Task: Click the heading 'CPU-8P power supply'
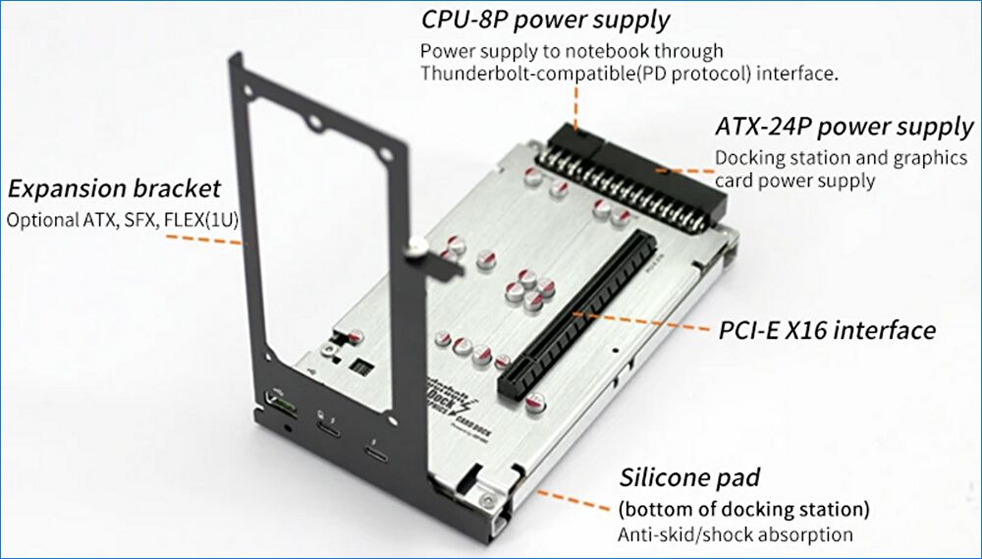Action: pyautogui.click(x=545, y=19)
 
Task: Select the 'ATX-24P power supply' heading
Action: pyautogui.click(x=844, y=127)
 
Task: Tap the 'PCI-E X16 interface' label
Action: pyautogui.click(x=825, y=330)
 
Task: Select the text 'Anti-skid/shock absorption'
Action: pyautogui.click(x=735, y=535)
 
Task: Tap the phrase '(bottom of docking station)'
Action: pyautogui.click(x=743, y=509)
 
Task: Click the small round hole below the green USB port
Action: pyautogui.click(x=286, y=425)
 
